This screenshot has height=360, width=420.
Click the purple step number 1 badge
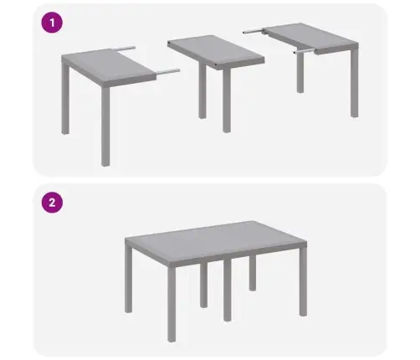point(53,23)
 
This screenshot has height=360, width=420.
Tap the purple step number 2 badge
point(53,202)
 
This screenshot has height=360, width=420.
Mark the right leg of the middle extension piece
point(226,100)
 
